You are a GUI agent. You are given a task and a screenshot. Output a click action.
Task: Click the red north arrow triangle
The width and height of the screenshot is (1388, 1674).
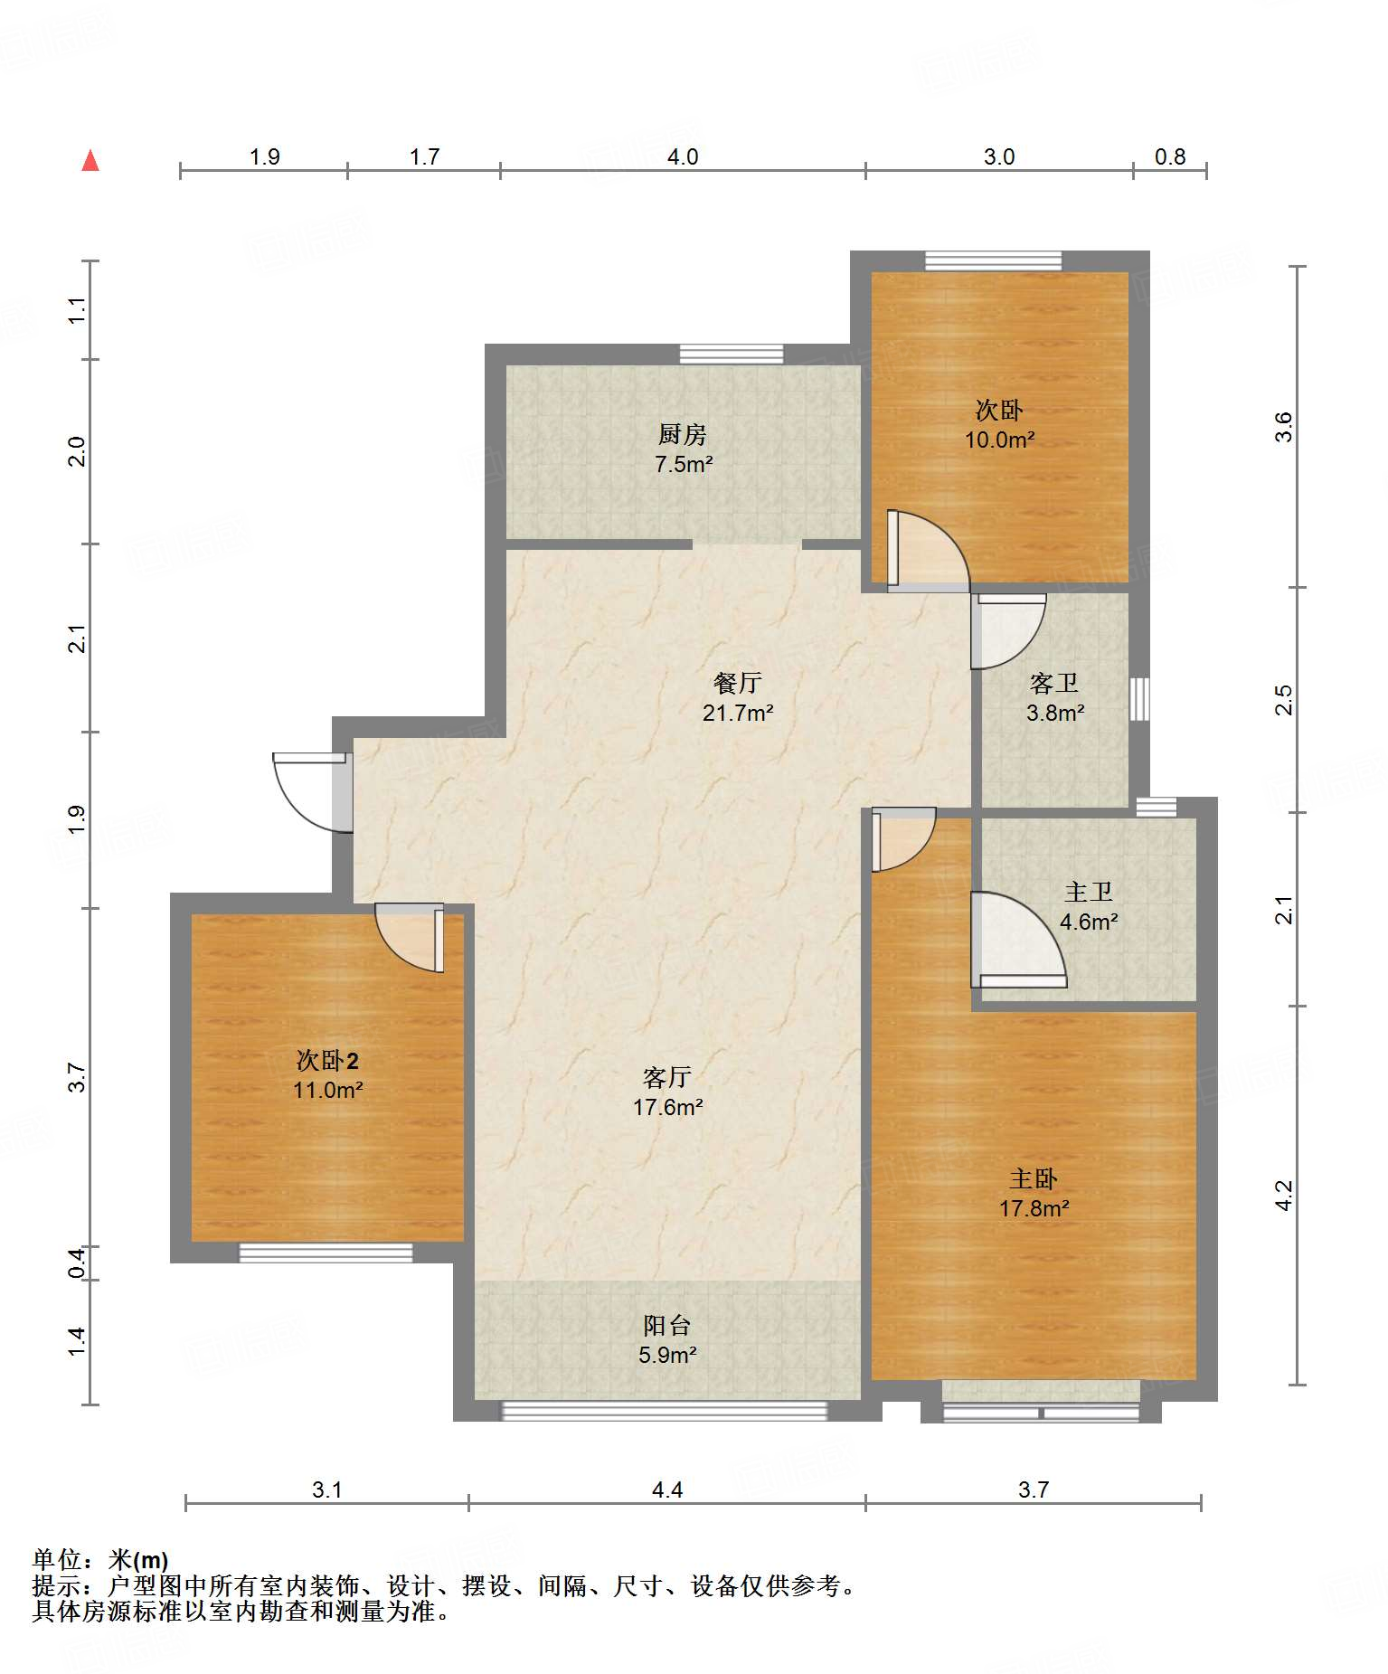[x=90, y=160]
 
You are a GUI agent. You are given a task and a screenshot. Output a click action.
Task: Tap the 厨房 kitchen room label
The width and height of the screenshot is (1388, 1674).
[x=682, y=435]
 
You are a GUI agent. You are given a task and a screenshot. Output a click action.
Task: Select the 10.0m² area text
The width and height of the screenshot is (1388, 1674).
[x=999, y=440]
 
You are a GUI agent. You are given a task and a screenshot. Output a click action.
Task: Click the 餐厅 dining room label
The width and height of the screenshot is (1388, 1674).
[x=737, y=683]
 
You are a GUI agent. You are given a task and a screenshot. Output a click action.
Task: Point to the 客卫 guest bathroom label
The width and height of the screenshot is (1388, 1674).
[x=1054, y=683]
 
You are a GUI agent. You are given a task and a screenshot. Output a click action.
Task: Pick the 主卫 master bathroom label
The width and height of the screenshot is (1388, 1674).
[x=1088, y=892]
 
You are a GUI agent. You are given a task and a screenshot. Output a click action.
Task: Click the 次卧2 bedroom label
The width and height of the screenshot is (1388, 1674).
[x=327, y=1060]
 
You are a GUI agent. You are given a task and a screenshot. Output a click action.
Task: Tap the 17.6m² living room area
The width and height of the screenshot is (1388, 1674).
[x=667, y=1107]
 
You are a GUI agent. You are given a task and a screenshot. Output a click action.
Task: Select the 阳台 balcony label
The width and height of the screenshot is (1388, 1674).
[x=667, y=1325]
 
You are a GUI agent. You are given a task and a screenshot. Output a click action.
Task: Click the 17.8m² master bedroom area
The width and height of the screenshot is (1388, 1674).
[x=1034, y=1208]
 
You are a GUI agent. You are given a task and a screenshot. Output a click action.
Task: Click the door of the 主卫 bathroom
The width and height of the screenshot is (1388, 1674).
[x=1018, y=940]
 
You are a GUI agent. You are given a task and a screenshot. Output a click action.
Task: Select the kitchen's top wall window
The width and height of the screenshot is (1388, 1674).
[x=732, y=354]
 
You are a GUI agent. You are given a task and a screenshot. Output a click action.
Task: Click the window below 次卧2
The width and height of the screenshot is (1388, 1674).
[x=326, y=1253]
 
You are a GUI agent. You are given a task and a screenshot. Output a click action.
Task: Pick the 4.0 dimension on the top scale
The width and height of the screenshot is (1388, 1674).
[x=683, y=156]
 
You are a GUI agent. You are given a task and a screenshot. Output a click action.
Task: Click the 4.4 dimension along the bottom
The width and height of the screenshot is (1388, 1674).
[x=667, y=1490]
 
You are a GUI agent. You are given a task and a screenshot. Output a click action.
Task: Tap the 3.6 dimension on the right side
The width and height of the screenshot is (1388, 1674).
[x=1283, y=427]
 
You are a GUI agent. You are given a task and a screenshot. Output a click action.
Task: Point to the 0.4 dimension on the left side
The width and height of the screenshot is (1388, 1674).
[x=77, y=1263]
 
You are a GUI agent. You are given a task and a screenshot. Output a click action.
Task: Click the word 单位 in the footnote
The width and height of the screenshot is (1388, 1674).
[x=57, y=1560]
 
